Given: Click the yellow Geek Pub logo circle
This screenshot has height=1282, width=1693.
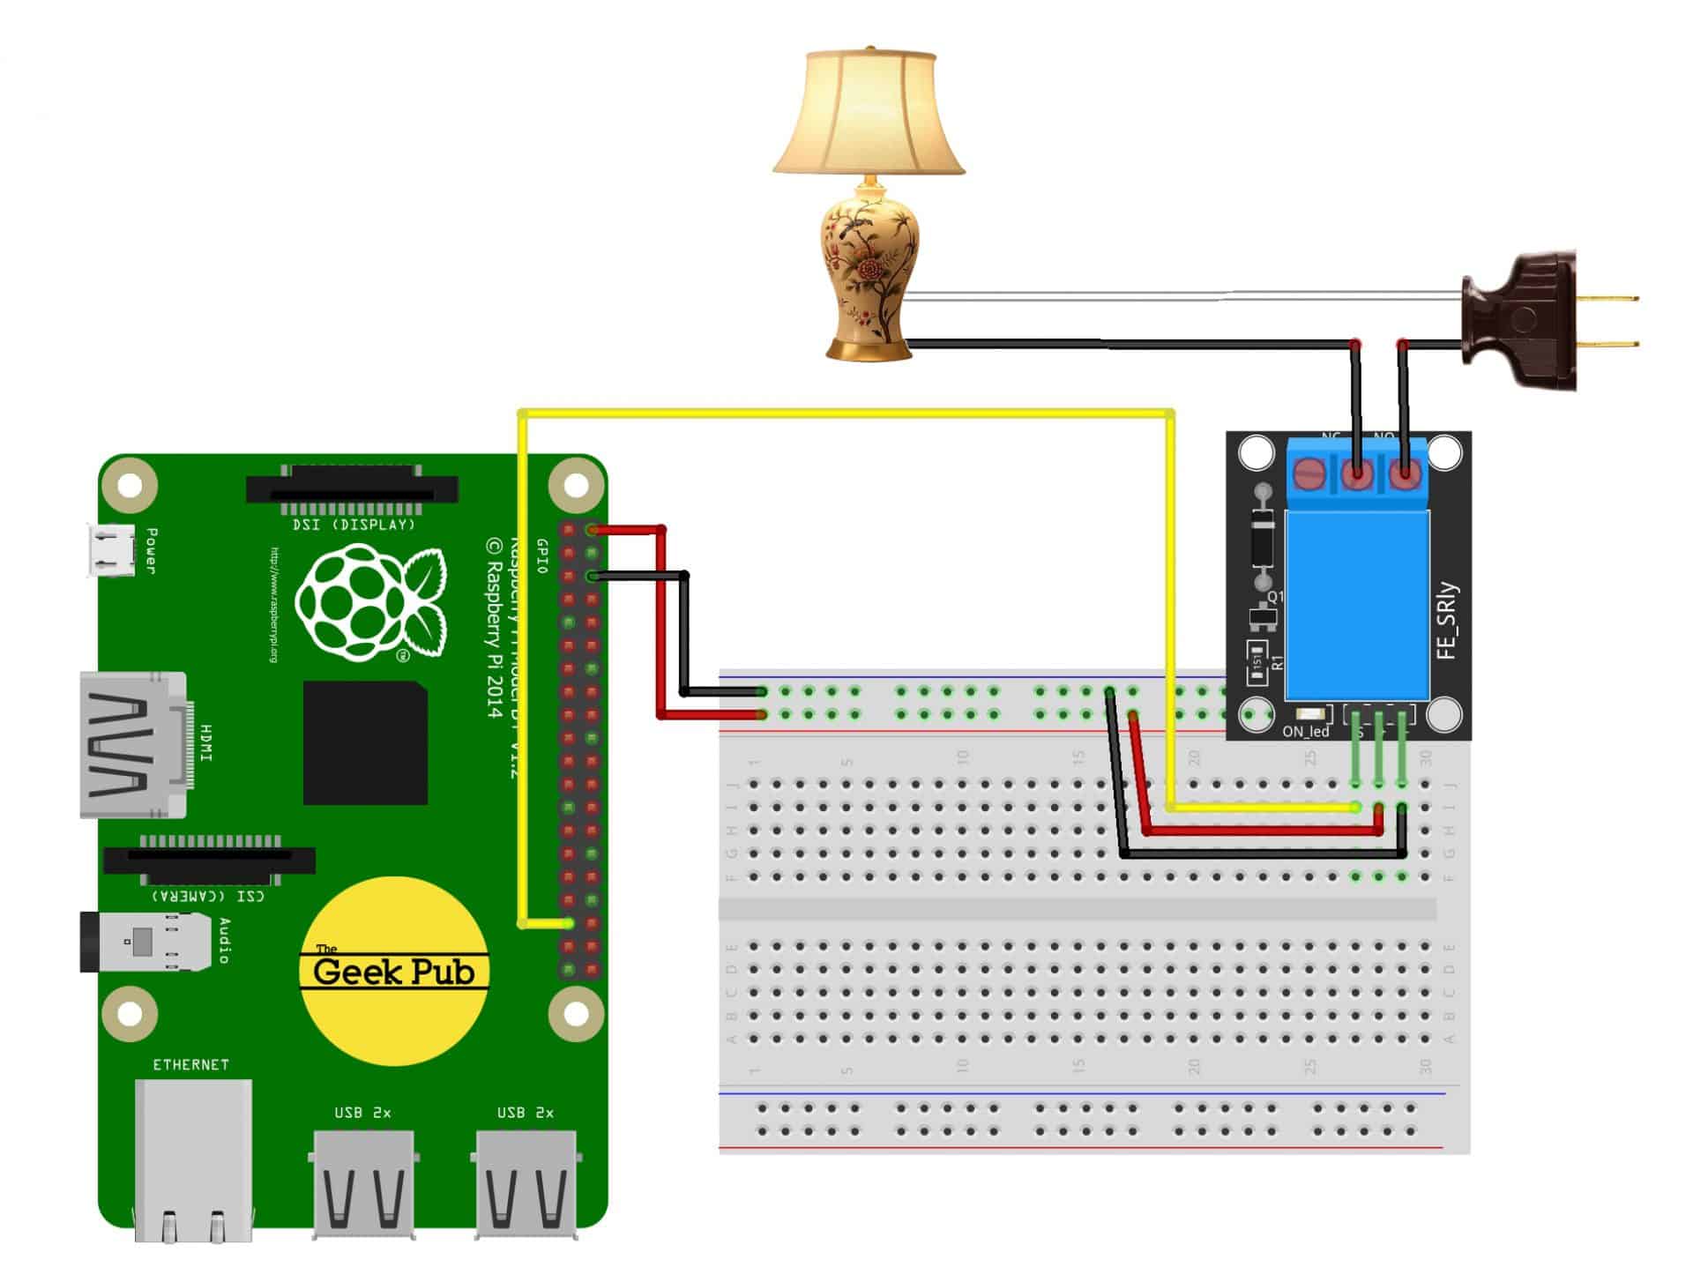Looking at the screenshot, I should pos(394,970).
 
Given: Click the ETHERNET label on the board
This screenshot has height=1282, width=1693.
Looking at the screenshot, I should pos(190,1065).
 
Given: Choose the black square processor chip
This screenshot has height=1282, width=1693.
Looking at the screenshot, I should pos(366,742).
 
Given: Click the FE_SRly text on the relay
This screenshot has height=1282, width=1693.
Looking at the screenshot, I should pos(1448,621).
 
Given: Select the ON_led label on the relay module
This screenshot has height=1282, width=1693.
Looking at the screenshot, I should pos(1305,732).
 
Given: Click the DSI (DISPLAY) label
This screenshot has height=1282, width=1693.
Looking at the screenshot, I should pos(353,525).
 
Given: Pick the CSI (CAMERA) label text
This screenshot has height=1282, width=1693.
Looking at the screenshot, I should pos(208,896).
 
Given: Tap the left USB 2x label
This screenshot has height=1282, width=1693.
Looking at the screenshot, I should pos(362,1113).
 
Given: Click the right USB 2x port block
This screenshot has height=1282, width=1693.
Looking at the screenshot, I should pos(527,1186).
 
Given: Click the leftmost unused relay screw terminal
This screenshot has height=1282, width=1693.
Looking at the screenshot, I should pos(1309,475).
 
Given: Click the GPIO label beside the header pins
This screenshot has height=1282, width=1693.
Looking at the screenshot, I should pos(542,556).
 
